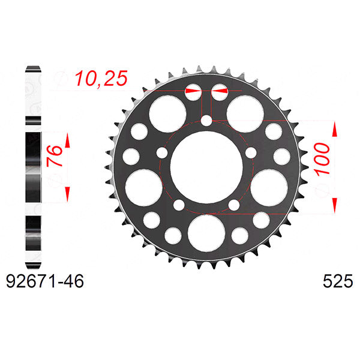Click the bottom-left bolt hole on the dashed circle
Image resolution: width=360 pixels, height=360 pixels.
point(178,206)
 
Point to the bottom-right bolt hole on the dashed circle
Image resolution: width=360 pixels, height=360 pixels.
point(233,206)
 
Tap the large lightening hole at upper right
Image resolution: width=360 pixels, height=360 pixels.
point(243,112)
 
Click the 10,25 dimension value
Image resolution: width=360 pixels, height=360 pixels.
point(101,79)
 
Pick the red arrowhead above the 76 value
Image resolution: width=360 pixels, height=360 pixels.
point(67,141)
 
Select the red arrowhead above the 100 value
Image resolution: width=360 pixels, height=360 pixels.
point(334,129)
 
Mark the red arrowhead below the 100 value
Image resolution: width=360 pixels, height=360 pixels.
point(334,203)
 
